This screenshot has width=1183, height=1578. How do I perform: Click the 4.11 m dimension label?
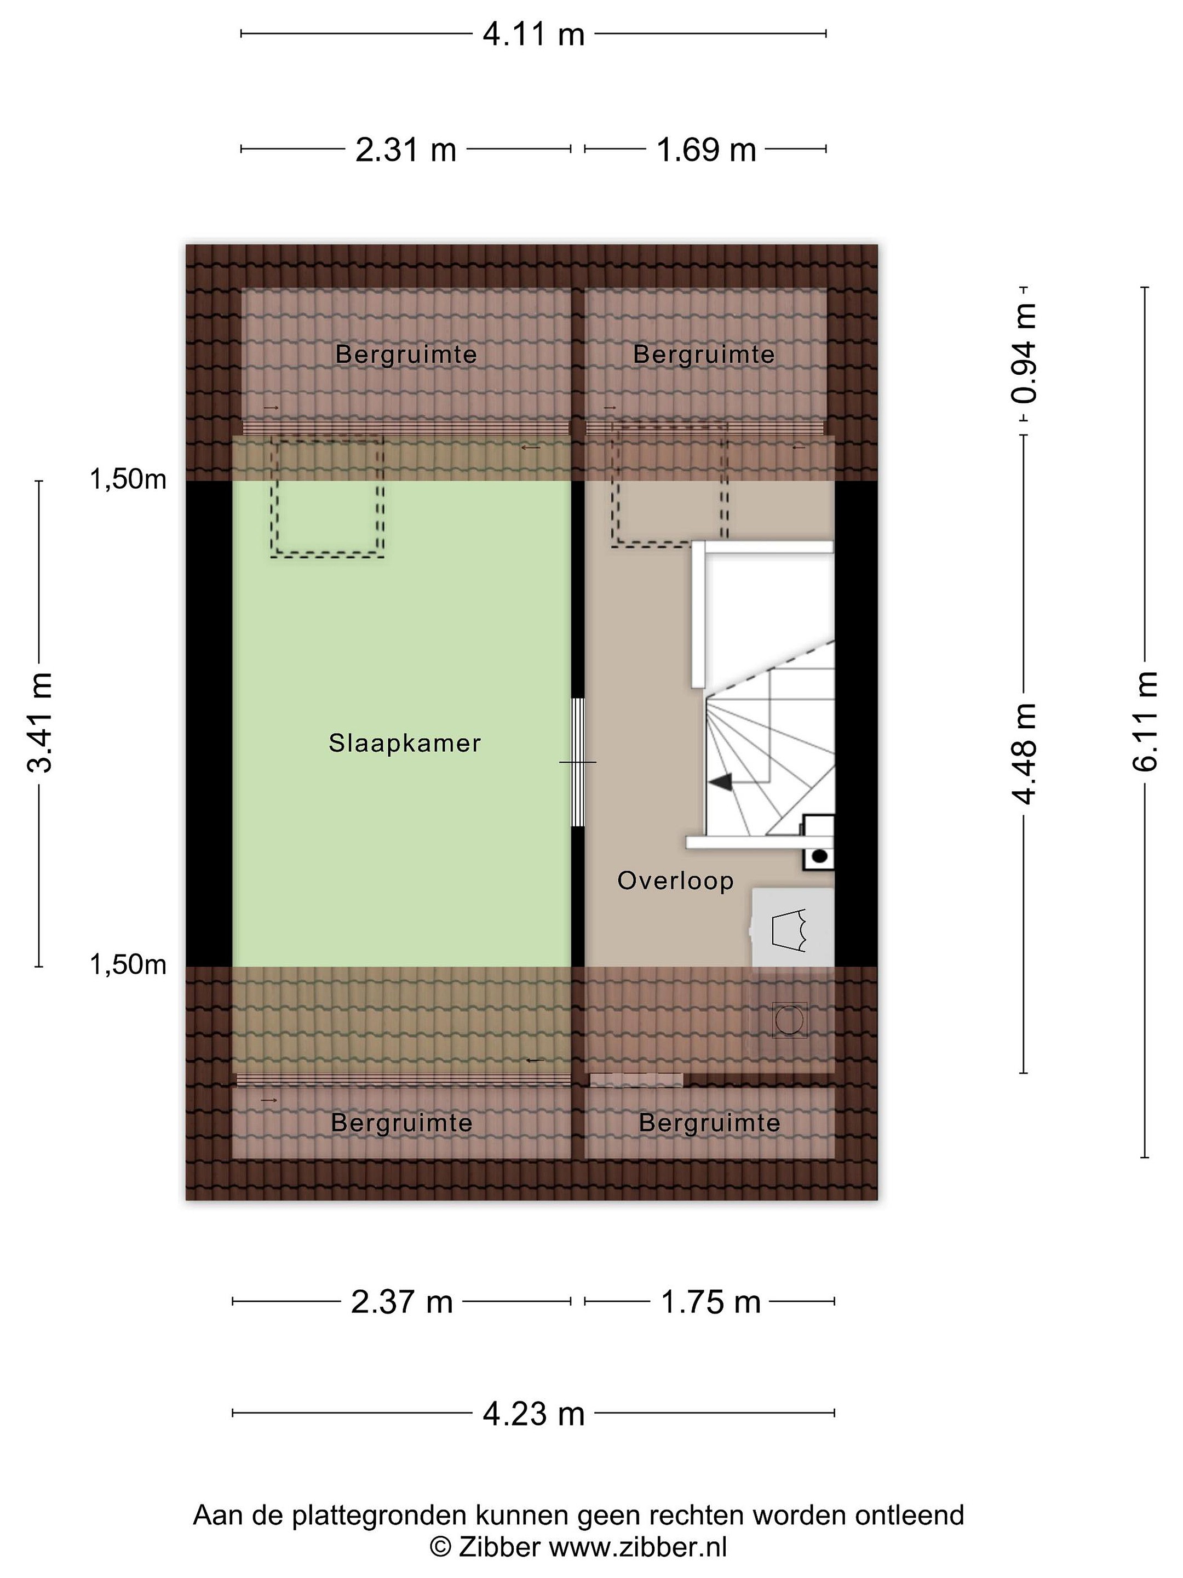tap(533, 34)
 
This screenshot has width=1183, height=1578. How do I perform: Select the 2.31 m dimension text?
tap(406, 150)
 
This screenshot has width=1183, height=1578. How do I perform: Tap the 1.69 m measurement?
tap(706, 150)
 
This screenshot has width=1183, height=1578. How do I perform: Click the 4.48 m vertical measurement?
tap(1024, 754)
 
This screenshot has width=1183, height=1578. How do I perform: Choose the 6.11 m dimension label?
tap(1145, 721)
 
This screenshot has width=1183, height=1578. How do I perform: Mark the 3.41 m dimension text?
tap(40, 723)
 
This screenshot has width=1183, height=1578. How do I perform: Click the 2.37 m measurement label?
tap(402, 1302)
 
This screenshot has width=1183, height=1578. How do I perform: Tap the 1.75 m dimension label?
tap(711, 1302)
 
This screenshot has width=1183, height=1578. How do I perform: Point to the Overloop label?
tap(675, 881)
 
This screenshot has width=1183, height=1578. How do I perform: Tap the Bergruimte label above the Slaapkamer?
tap(406, 355)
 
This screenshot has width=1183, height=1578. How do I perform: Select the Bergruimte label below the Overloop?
tap(709, 1123)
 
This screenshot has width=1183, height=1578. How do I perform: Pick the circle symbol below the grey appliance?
tap(789, 1020)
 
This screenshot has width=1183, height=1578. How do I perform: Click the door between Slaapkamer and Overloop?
tap(578, 762)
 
